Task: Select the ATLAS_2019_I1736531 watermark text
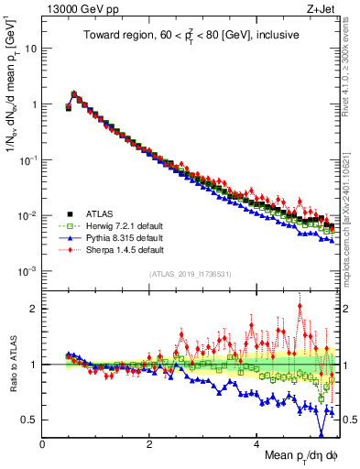pyautogui.click(x=190, y=275)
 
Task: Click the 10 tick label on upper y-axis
pyautogui.click(x=30, y=48)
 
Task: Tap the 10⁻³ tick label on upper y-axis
pyautogui.click(x=27, y=271)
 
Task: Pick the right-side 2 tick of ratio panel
pyautogui.click(x=344, y=309)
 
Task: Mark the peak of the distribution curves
pyautogui.click(x=74, y=93)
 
